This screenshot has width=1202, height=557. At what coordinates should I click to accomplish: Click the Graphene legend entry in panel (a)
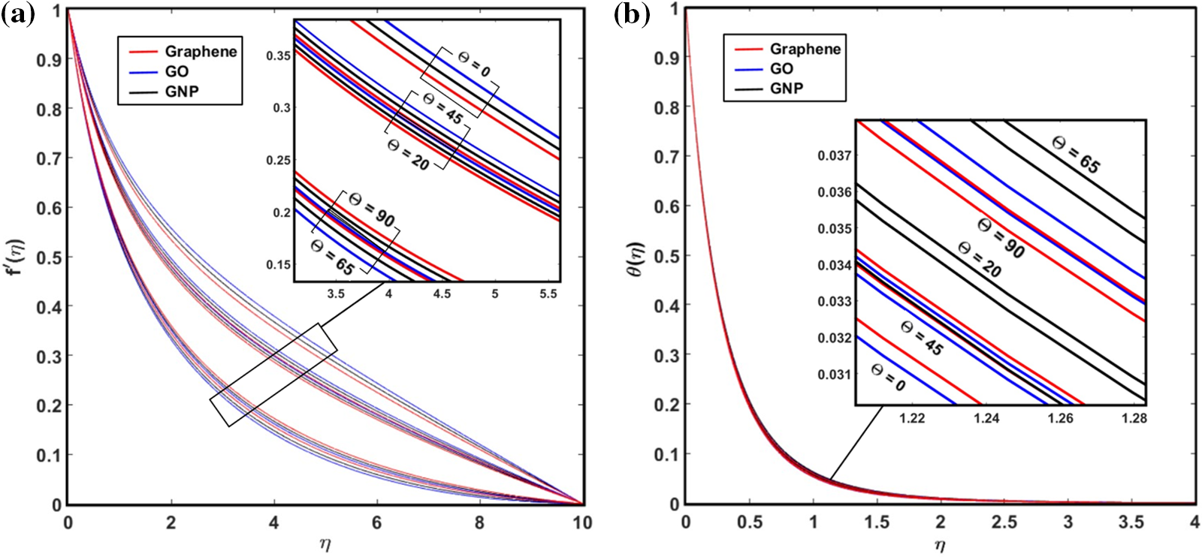[200, 51]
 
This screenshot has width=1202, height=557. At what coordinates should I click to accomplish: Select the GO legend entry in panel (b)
[781, 68]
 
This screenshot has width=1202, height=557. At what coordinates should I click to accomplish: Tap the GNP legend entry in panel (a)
[183, 92]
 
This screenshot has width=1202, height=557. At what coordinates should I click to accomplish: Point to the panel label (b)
[631, 15]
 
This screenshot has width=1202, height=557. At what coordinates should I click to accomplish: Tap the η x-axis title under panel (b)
[940, 544]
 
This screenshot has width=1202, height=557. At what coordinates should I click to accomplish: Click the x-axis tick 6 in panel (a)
[377, 523]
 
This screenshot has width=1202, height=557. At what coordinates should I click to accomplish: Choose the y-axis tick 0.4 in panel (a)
[49, 306]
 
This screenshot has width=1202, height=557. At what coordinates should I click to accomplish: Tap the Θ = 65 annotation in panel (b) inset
[1076, 154]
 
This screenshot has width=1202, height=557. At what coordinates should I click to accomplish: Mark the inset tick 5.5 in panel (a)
[548, 294]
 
